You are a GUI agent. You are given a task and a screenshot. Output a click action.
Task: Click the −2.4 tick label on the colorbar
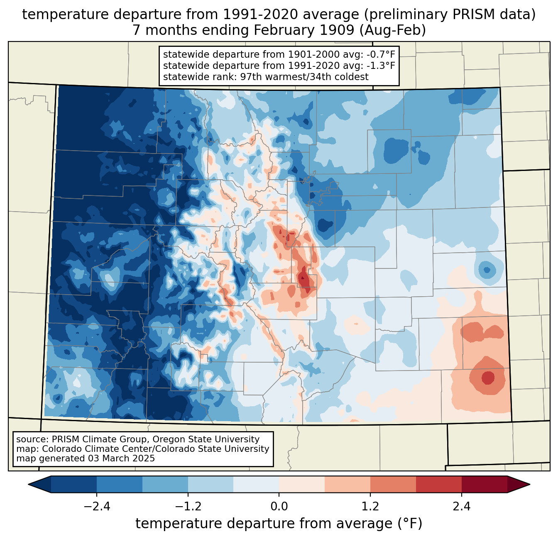97,507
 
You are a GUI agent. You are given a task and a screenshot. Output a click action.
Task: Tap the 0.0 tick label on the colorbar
279,507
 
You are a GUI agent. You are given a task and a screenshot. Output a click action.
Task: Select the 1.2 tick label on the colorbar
370,507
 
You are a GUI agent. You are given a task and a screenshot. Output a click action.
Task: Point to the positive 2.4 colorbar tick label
461,507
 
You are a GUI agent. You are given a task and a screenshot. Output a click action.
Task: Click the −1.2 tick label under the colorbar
188,507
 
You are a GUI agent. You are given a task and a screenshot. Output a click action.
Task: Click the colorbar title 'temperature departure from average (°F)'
279,524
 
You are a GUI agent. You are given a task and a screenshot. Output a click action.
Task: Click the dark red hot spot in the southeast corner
488,378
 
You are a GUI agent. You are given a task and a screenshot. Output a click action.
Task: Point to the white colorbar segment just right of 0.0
302,484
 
